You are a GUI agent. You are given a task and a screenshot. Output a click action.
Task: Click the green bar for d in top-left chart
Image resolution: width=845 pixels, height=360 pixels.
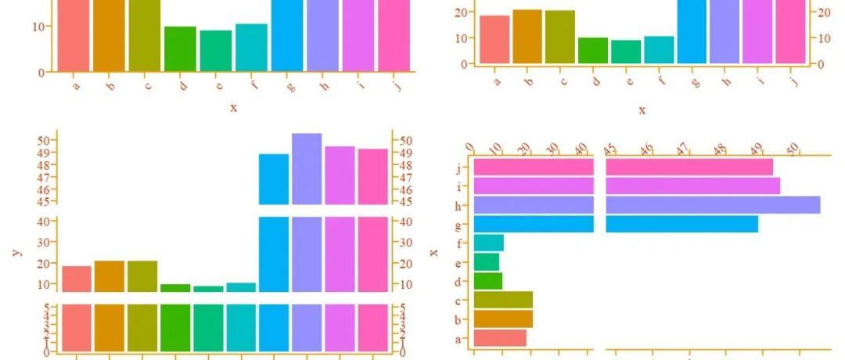pos(180,49)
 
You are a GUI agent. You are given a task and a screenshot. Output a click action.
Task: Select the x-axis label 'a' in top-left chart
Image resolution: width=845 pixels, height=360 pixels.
pos(76,85)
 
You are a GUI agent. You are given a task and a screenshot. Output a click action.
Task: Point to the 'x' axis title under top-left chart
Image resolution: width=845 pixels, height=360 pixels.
pos(233,107)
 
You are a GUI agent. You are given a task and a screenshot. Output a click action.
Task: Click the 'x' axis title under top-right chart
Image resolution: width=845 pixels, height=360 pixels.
pos(642,110)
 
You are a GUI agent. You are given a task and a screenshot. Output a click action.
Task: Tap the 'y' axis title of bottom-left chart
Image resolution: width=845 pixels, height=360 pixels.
pos(16,252)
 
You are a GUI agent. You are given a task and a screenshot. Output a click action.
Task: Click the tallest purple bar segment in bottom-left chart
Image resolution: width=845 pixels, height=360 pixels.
pos(307,168)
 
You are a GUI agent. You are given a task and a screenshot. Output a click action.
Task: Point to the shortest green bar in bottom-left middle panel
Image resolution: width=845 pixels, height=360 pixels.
pos(208,289)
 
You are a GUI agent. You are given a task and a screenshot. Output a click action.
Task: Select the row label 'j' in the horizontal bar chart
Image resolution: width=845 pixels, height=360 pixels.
pos(462,167)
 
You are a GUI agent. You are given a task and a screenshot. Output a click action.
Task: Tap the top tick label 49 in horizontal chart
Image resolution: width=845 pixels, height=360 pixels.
pos(757,149)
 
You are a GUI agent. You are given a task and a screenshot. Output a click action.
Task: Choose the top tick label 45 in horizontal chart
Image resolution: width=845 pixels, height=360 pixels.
pos(609,149)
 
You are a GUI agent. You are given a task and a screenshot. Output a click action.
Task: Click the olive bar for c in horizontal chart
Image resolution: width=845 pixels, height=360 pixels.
pos(503,300)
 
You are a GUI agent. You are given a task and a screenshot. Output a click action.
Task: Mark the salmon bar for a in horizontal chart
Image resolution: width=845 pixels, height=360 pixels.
pos(500,338)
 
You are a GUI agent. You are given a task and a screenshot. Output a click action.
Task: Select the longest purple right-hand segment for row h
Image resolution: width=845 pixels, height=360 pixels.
pos(713,205)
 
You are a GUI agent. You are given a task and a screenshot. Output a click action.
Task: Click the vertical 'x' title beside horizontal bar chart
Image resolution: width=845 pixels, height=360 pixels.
pos(433,251)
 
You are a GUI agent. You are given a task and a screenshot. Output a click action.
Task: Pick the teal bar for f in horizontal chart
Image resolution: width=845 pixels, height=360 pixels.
pos(489,243)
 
